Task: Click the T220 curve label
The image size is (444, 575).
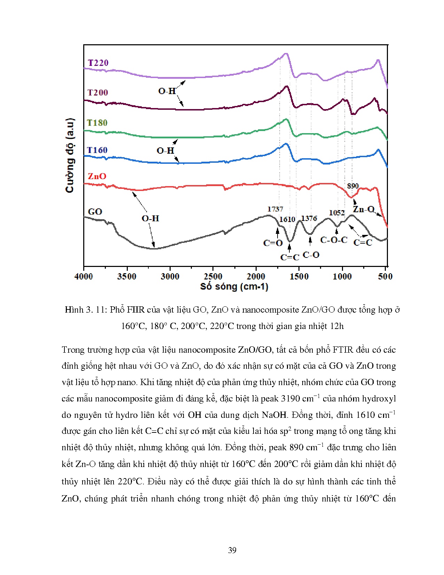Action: click(98, 63)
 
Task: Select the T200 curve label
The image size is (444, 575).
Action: click(98, 92)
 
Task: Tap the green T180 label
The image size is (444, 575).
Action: click(97, 123)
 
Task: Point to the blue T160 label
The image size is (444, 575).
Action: click(97, 150)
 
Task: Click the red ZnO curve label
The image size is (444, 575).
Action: click(97, 176)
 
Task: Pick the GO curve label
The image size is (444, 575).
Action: click(95, 212)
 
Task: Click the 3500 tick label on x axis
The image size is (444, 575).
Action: click(127, 276)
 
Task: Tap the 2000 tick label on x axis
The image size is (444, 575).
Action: click(256, 276)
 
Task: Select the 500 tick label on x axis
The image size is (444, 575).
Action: click(385, 276)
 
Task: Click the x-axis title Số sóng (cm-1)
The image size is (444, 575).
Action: click(234, 287)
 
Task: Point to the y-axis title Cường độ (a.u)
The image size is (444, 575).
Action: click(70, 155)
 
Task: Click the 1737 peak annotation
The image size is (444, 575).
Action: click(275, 209)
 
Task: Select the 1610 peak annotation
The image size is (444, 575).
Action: click(287, 219)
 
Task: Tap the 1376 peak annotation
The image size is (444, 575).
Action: click(309, 219)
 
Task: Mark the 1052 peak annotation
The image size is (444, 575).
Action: click(337, 213)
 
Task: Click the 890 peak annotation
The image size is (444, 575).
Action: click(352, 186)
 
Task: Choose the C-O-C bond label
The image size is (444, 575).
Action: click(334, 240)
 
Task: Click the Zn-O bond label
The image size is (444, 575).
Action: click(363, 209)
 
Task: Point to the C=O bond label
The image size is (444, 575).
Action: click(273, 243)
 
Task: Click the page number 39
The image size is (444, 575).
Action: click(232, 550)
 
